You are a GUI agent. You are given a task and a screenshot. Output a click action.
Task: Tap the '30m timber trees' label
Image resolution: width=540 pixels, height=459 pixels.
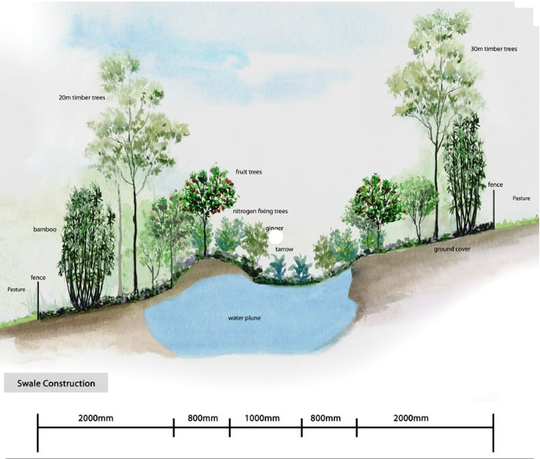point(494,49)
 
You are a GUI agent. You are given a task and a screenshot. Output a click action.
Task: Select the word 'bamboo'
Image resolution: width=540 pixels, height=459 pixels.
point(45,229)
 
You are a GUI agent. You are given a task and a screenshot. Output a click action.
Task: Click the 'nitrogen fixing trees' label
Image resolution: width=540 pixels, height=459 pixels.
point(260,210)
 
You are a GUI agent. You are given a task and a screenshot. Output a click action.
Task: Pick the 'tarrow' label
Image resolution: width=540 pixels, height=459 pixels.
point(285,249)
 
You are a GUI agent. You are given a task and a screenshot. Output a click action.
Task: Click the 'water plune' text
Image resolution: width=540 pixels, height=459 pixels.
point(245,317)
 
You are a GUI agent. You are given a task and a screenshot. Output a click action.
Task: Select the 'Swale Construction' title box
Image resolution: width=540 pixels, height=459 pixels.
point(56,383)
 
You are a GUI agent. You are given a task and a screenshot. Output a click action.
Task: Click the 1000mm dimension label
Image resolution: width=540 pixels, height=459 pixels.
point(262,418)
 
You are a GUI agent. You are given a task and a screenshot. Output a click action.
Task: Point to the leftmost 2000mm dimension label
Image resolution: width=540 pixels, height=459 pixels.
point(97,418)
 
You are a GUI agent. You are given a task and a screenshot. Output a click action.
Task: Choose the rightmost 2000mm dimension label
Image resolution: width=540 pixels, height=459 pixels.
point(410,418)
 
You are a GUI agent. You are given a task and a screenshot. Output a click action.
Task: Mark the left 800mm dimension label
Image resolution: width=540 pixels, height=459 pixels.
point(201,418)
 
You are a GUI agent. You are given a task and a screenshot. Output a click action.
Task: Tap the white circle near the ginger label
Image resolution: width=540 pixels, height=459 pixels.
point(275,237)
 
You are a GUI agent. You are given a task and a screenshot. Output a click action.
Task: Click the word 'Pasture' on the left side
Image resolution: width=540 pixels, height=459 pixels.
point(17,290)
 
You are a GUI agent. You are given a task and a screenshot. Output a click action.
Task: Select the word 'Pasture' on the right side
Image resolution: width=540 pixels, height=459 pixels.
point(522,198)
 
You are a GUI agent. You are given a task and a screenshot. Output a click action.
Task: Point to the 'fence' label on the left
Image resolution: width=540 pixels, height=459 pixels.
point(38,276)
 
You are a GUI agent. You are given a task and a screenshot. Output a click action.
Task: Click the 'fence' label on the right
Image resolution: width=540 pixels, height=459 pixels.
point(495,185)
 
